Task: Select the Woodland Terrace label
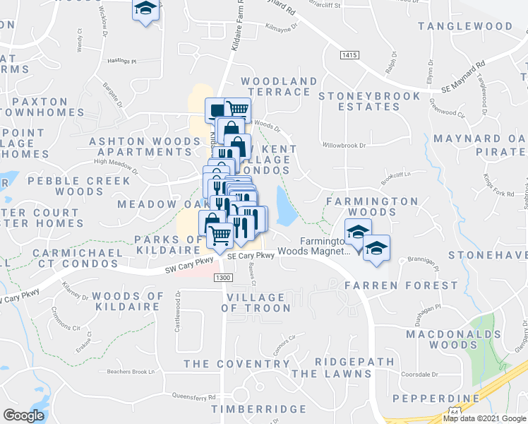pyautogui.click(x=279, y=87)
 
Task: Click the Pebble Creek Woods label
pyautogui.click(x=78, y=186)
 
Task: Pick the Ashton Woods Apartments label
pyautogui.click(x=144, y=146)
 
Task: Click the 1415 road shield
pyautogui.click(x=348, y=54)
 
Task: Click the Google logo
pyautogui.click(x=24, y=416)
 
